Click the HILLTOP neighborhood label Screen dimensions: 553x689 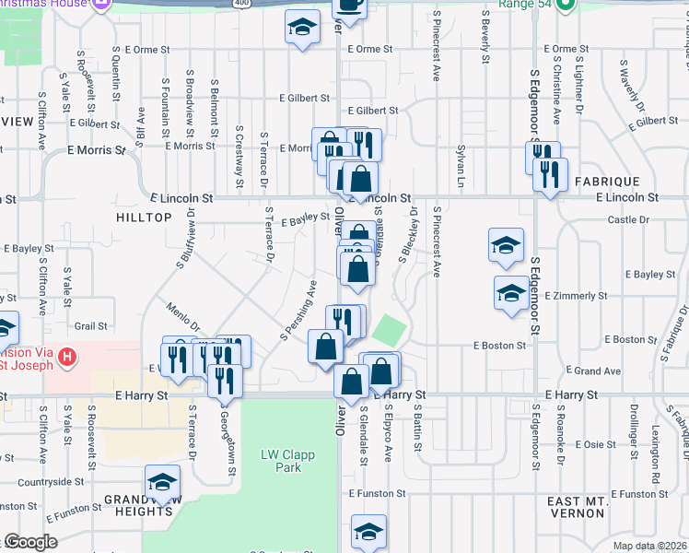pos(145,217)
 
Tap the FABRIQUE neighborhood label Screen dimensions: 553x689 pos(605,183)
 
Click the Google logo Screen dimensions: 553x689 pos(30,542)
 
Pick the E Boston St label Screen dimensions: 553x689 pos(499,346)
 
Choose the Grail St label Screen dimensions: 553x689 pos(91,326)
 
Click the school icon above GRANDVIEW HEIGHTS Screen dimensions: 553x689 pos(162,481)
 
